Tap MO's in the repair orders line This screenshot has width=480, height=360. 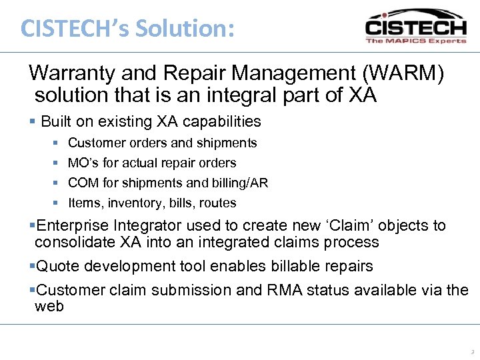[82, 163]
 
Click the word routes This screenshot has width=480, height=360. [217, 203]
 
